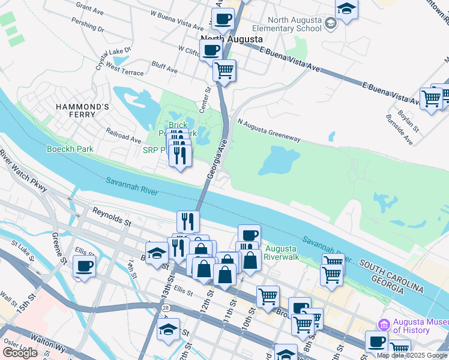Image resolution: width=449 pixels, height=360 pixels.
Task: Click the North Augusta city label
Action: point(231,39)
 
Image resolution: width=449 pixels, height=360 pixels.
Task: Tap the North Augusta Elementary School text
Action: point(286,23)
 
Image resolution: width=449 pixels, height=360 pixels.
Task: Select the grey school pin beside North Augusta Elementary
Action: point(330,24)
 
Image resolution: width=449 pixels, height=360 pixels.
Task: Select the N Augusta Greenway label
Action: point(268,130)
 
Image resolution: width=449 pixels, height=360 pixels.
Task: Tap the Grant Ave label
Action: point(90,9)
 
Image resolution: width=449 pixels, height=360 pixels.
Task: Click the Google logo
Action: point(20,352)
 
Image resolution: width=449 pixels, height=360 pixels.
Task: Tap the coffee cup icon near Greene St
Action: point(85,266)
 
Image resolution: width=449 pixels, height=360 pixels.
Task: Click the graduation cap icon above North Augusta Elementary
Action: point(347,9)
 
